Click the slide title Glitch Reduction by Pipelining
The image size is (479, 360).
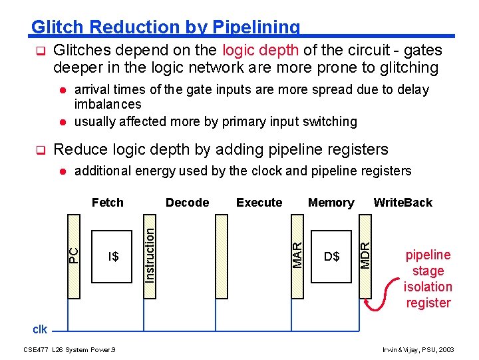[x=166, y=27]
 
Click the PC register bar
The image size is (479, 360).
[x=75, y=255]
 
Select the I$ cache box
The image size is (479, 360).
[x=114, y=256]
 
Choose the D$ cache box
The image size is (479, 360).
[x=331, y=256]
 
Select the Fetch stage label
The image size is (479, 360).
[x=108, y=203]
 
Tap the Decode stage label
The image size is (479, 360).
[x=187, y=203]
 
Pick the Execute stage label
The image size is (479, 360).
[x=259, y=203]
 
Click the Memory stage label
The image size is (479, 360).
[x=331, y=203]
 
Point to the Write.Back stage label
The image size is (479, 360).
[x=402, y=203]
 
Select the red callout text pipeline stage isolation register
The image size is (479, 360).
[x=428, y=279]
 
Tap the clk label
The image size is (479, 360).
[x=40, y=329]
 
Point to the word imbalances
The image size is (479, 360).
[x=108, y=104]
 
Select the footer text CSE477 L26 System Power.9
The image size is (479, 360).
[x=69, y=349]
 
